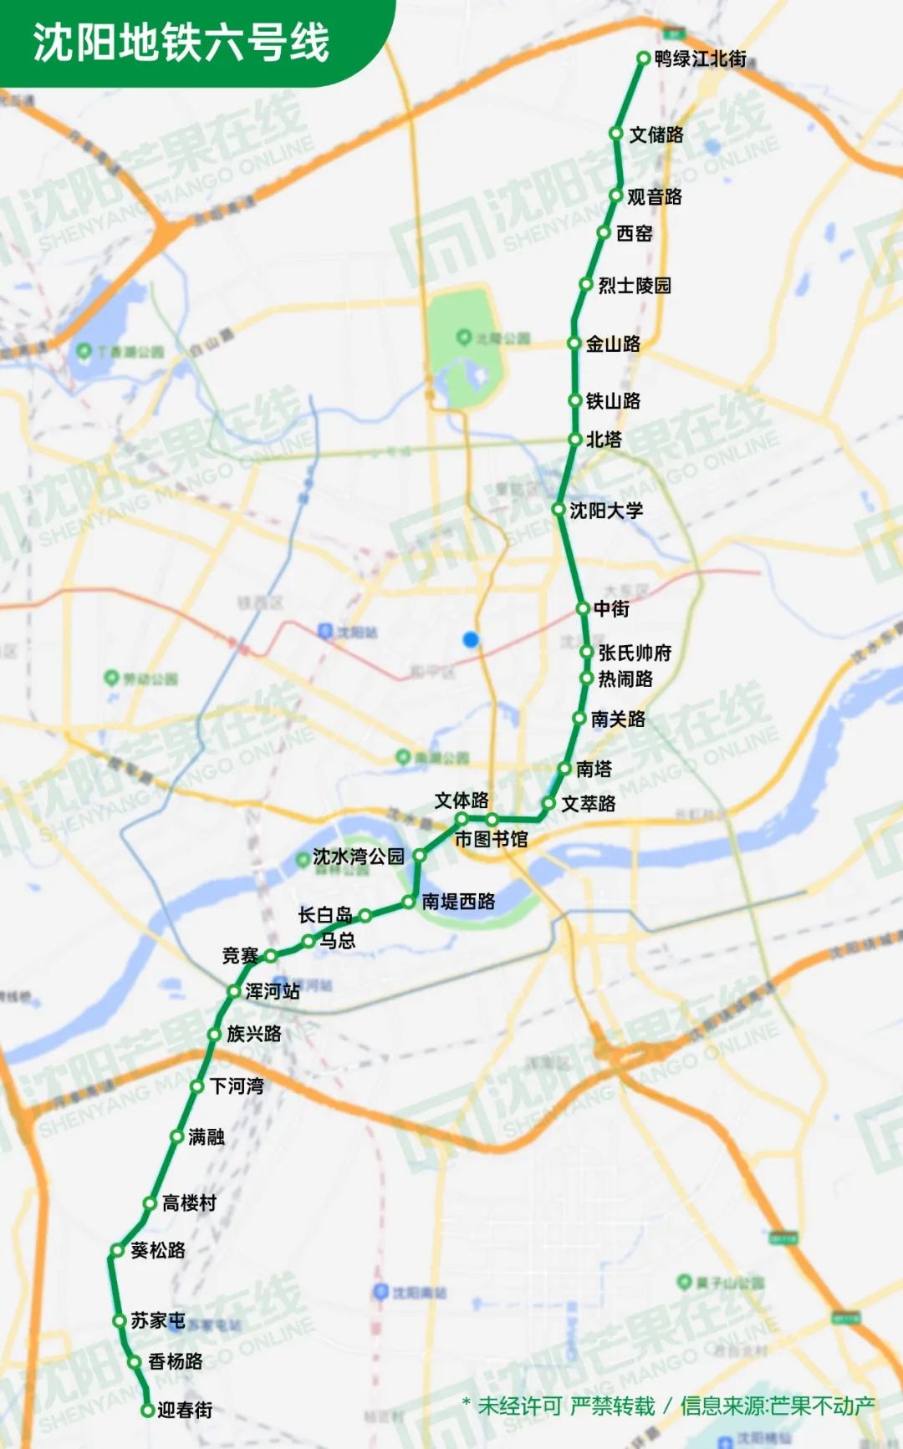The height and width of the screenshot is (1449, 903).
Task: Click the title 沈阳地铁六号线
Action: [x=181, y=42]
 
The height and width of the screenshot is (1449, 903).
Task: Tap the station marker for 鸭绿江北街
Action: [x=643, y=58]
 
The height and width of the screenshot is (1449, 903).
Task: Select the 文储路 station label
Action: [x=656, y=135]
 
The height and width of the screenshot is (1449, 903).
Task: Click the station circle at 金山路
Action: [x=574, y=343]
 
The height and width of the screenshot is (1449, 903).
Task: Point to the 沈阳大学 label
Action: [x=606, y=510]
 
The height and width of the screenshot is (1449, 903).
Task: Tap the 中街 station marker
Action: [x=583, y=608]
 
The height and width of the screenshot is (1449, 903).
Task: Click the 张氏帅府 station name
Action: [x=635, y=653]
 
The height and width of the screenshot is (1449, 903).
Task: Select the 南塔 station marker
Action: [x=564, y=769]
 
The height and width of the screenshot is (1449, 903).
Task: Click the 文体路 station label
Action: [x=462, y=801]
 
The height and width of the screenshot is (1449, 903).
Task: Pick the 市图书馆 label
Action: [x=491, y=839]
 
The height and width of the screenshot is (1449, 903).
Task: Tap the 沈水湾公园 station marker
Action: [x=420, y=855]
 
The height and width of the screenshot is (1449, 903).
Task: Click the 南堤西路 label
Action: [x=458, y=901]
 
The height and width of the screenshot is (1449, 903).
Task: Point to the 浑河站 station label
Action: [x=273, y=991]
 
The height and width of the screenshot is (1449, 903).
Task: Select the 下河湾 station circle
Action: [x=197, y=1086]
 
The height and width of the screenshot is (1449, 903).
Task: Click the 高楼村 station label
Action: [x=189, y=1202]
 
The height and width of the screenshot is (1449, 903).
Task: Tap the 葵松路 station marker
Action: [x=117, y=1251]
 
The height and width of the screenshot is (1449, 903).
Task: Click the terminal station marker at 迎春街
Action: [x=147, y=1411]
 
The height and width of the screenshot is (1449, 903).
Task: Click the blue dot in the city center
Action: [x=471, y=639]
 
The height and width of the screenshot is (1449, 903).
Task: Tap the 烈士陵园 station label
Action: [x=635, y=286]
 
